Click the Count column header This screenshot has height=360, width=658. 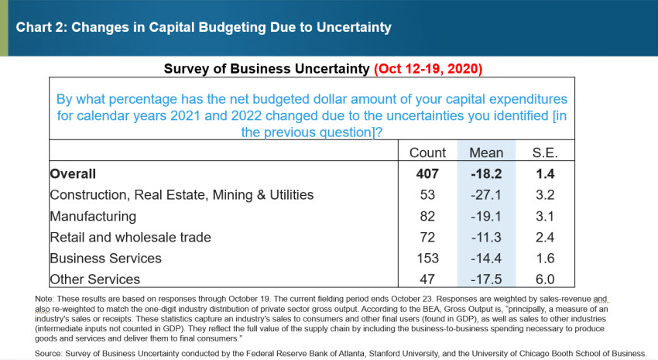[427, 153]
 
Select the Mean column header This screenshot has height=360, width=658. [486, 153]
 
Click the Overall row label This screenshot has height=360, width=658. [75, 174]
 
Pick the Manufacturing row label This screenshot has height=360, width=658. [93, 216]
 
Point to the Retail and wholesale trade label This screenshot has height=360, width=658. [130, 237]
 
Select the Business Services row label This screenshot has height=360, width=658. [105, 258]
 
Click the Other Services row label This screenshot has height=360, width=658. [94, 279]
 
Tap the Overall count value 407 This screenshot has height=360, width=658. [427, 174]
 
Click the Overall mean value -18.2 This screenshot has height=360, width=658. [486, 174]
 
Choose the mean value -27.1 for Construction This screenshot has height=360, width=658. [486, 195]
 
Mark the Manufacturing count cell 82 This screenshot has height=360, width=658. [427, 216]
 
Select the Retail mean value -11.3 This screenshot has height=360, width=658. [486, 237]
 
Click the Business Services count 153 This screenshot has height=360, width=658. [427, 258]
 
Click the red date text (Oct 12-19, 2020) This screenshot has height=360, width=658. [428, 69]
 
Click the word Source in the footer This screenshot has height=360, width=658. [48, 353]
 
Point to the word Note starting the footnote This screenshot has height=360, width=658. [45, 298]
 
